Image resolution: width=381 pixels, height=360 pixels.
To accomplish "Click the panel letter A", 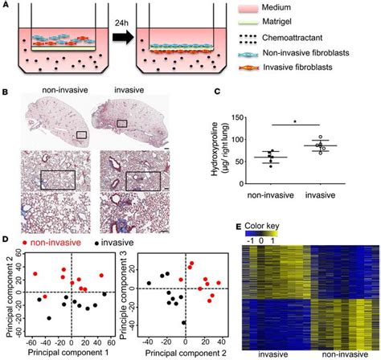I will pyautogui.click(x=6, y=6).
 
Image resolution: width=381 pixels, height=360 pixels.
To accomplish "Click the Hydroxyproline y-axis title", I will pyautogui.click(x=215, y=149).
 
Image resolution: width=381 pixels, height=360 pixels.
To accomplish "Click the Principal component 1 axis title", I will pyautogui.click(x=68, y=353).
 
